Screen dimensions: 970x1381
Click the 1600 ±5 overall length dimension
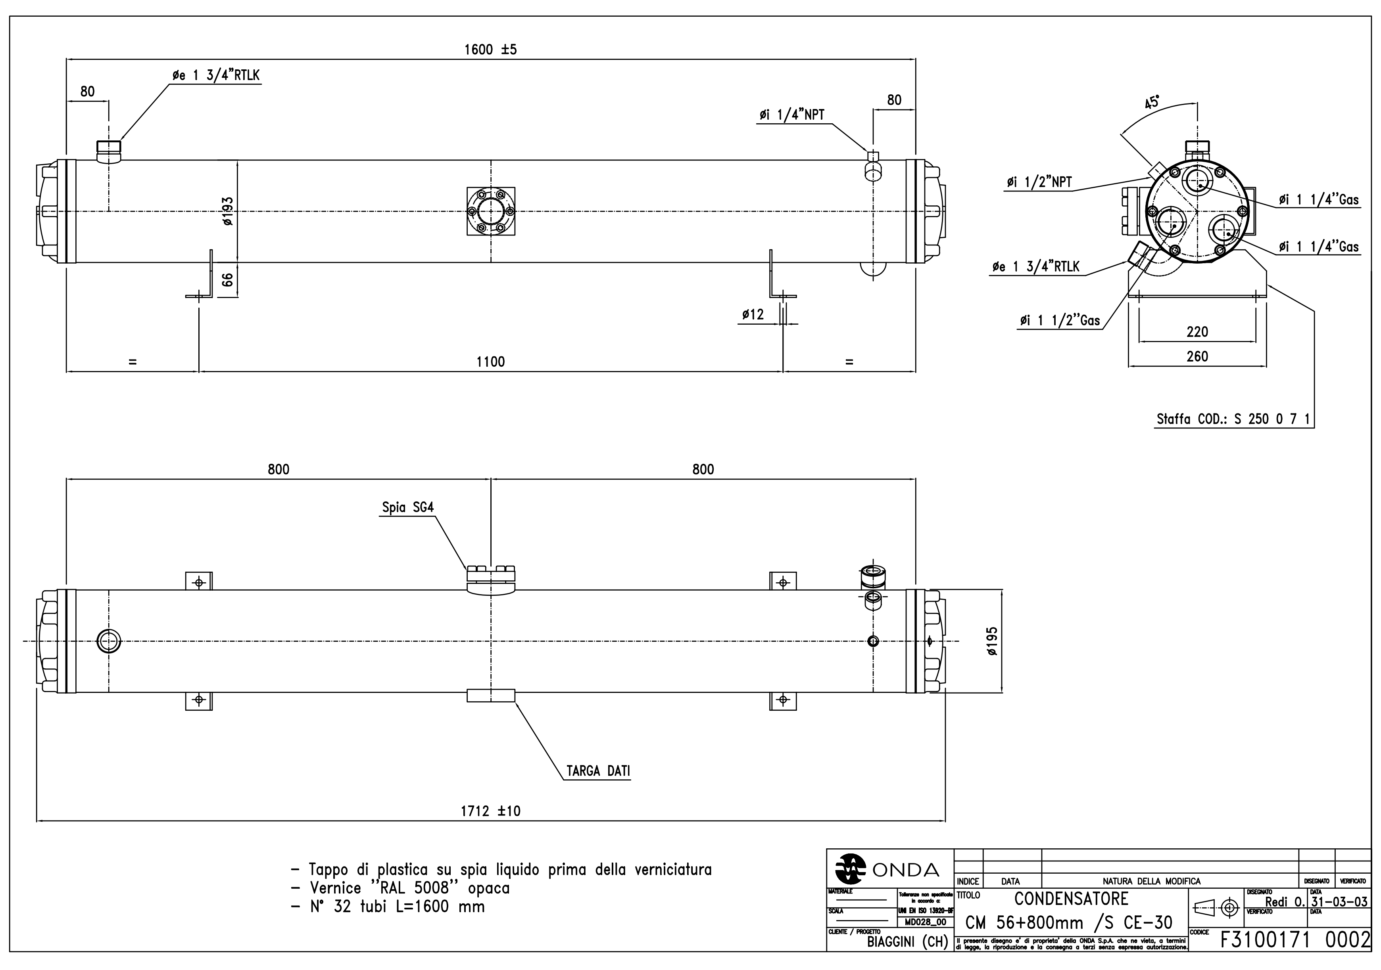point(490,50)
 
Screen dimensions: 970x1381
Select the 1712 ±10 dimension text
point(490,811)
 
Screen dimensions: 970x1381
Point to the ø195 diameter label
point(992,641)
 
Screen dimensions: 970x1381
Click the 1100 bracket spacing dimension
point(490,362)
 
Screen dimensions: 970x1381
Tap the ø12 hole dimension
point(753,314)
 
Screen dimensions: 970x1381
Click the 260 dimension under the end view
point(1197,356)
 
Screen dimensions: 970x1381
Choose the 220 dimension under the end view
point(1197,332)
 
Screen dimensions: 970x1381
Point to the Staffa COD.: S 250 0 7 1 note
point(1233,419)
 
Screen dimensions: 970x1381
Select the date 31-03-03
point(1339,902)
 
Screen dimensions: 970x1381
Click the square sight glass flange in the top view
point(491,211)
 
